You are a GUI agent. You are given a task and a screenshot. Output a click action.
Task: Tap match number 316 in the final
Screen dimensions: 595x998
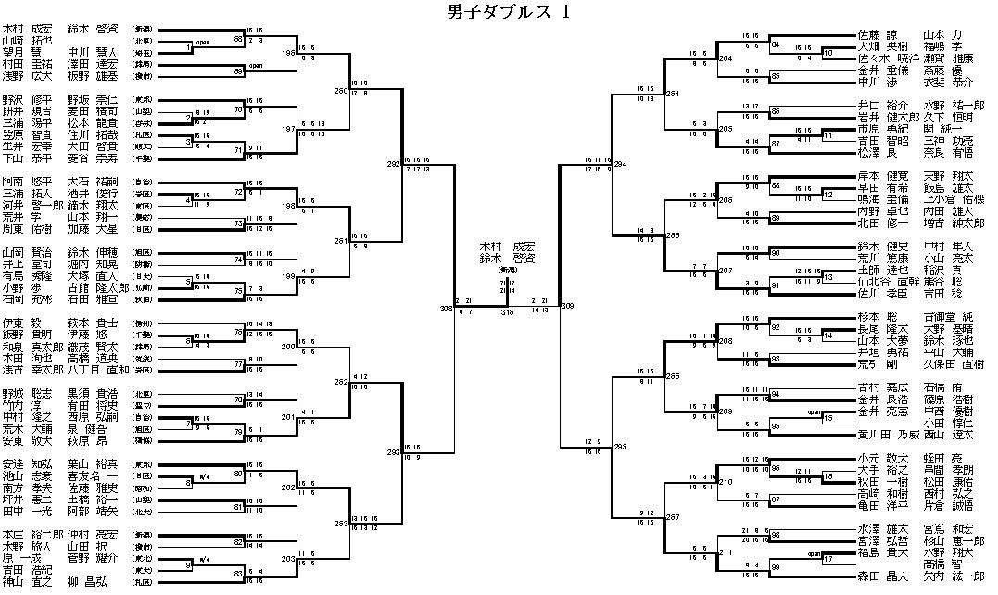tap(507, 312)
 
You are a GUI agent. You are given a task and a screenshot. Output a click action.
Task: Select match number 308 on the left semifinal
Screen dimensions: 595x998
tap(445, 308)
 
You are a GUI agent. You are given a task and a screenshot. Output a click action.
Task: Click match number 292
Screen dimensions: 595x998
tap(393, 164)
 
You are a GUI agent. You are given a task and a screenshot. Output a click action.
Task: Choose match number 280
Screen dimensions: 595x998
tap(341, 91)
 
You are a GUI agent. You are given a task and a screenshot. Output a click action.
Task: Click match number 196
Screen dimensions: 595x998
tap(289, 54)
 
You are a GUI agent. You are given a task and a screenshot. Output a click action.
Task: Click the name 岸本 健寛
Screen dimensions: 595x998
tap(878, 176)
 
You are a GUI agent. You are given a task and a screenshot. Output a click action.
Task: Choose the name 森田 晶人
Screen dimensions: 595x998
tap(878, 576)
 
